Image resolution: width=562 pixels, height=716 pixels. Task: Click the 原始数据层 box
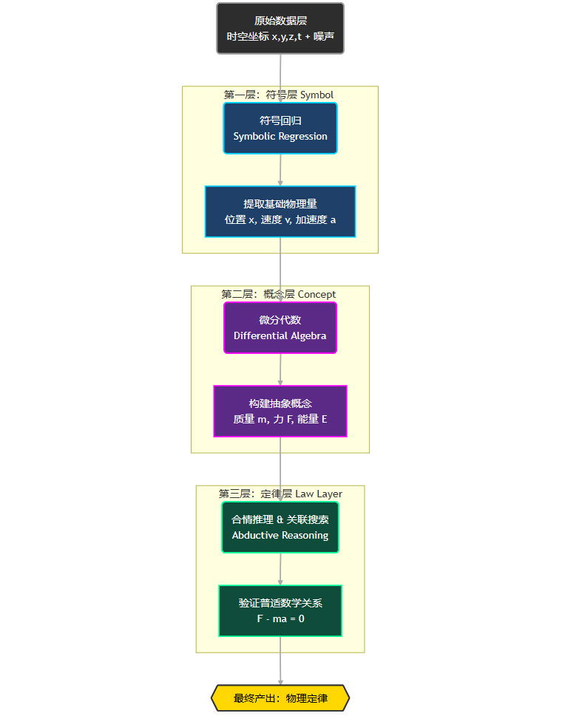[x=280, y=28]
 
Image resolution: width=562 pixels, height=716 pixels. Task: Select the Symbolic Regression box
[x=280, y=128]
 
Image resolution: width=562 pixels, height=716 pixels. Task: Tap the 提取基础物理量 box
[x=280, y=211]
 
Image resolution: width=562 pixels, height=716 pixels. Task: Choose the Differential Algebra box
[x=280, y=327]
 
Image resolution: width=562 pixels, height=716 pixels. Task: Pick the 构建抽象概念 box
[x=280, y=411]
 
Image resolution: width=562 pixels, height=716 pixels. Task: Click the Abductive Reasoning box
[x=280, y=527]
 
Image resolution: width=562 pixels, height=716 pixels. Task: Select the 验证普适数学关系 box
[x=280, y=610]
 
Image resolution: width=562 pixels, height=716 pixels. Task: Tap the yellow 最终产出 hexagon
[x=280, y=698]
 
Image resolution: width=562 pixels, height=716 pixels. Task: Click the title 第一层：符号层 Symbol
[x=279, y=95]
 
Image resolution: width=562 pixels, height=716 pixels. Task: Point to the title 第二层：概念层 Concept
[x=279, y=294]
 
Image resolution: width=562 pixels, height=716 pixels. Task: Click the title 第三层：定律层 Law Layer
[x=280, y=494]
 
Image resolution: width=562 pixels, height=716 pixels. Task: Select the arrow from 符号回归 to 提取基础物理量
[x=280, y=170]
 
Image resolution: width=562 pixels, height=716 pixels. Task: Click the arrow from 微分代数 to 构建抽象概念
[x=280, y=369]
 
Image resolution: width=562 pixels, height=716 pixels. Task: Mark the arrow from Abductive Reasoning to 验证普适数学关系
[x=280, y=569]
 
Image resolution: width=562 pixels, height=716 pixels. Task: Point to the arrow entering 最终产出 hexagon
[x=280, y=665]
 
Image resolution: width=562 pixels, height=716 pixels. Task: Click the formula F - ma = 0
[x=280, y=618]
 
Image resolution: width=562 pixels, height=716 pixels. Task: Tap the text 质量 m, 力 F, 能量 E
[x=280, y=419]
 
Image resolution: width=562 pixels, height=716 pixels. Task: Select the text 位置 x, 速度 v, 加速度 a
[x=280, y=219]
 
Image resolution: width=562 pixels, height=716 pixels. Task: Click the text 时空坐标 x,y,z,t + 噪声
[x=280, y=35]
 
